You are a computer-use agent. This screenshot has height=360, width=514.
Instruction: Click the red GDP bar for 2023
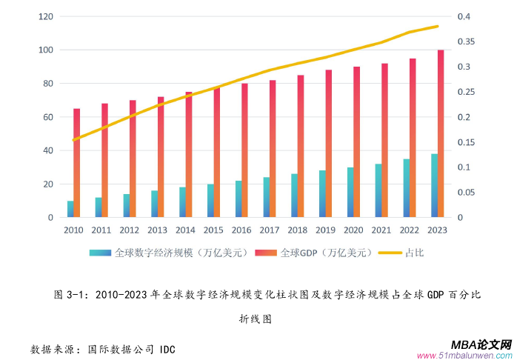point(441,133)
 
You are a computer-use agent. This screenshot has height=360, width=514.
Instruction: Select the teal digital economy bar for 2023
point(434,186)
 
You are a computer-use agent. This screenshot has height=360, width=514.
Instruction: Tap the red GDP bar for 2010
point(77,163)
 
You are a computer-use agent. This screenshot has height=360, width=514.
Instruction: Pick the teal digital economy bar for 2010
point(70,209)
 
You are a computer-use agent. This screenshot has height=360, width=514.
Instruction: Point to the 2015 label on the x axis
point(213,230)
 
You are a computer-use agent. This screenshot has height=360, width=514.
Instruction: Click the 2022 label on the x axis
point(410,230)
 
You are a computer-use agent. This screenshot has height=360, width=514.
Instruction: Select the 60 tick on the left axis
point(47,117)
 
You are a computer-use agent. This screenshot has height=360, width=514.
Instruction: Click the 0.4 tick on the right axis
point(464,16)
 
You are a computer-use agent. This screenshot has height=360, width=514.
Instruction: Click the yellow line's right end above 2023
point(438,27)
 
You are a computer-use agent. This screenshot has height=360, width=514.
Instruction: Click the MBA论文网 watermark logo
point(481,344)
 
